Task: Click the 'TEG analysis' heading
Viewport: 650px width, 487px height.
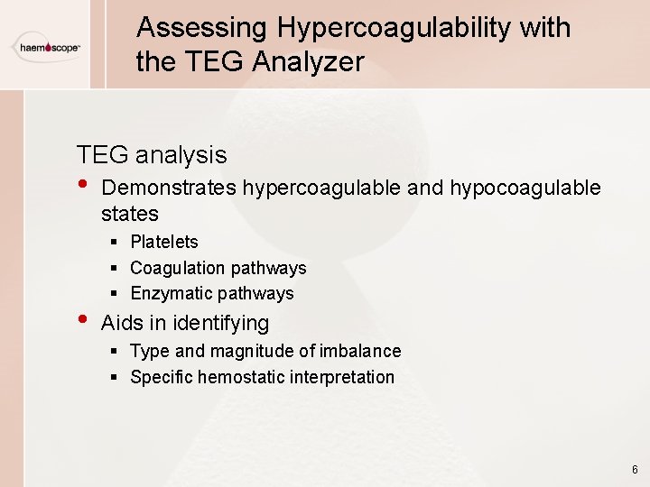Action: click(x=152, y=155)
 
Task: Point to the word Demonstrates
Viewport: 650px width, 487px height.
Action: click(x=169, y=188)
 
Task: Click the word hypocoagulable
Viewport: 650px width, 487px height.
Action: click(x=525, y=188)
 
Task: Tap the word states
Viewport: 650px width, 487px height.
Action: click(x=130, y=214)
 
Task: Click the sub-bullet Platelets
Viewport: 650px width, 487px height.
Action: click(x=164, y=242)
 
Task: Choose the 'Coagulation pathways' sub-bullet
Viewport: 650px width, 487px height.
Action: click(x=218, y=268)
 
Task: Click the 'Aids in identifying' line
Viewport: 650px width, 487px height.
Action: click(x=185, y=323)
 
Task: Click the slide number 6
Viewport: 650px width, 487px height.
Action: click(x=635, y=470)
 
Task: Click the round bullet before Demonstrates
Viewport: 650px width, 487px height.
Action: click(x=83, y=186)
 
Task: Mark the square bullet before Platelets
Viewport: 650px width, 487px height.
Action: click(x=116, y=242)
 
